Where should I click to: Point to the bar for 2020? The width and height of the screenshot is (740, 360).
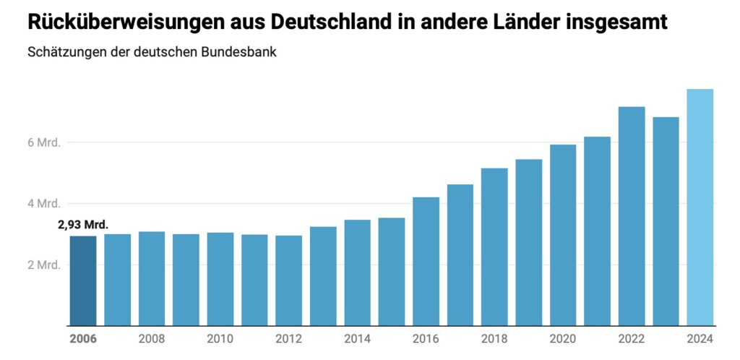563,235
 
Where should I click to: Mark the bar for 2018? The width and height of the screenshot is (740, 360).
494,247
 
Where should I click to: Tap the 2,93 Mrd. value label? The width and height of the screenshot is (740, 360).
83,226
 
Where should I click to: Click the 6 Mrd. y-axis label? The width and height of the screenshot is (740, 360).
44,142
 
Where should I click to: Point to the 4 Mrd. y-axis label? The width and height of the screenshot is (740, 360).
44,203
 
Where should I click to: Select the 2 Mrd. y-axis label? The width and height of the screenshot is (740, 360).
44,265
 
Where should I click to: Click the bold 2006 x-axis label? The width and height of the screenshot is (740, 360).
82,339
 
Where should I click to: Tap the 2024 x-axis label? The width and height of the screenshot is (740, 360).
700,339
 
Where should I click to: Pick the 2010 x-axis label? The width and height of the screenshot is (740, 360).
220,339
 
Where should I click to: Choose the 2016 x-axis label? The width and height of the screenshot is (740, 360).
426,339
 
